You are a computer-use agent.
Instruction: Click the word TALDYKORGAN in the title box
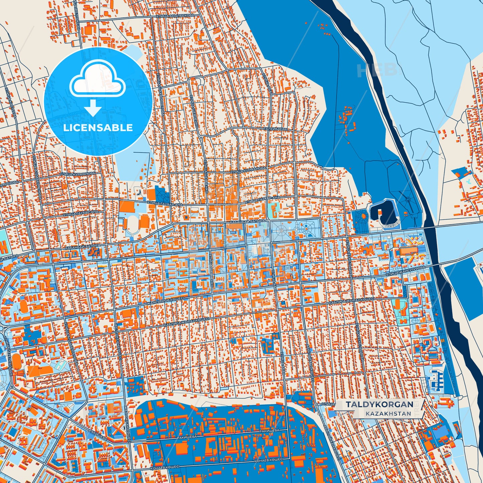pos(379,404)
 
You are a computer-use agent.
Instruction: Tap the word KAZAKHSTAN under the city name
pos(388,413)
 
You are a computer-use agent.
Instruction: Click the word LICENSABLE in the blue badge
pos(98,128)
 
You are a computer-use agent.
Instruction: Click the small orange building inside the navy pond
pos(380,211)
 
